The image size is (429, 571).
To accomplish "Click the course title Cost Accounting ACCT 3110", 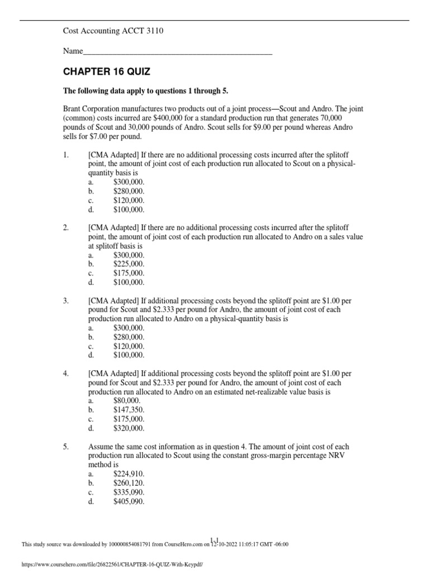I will coord(113,31).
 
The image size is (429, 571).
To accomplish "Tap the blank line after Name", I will coord(177,51).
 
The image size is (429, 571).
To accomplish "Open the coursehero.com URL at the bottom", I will coord(112,564).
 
